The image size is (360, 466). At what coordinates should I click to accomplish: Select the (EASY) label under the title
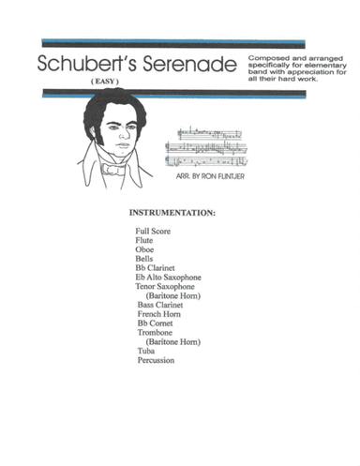[x=104, y=84]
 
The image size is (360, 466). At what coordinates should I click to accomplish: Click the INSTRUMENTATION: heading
[x=172, y=213]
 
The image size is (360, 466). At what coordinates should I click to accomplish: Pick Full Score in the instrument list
[x=154, y=231]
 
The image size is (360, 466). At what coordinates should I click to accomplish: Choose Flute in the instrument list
[x=144, y=240]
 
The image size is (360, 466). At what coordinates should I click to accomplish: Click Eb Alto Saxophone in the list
[x=168, y=278]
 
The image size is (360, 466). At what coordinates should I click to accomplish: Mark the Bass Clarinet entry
[x=160, y=305]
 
